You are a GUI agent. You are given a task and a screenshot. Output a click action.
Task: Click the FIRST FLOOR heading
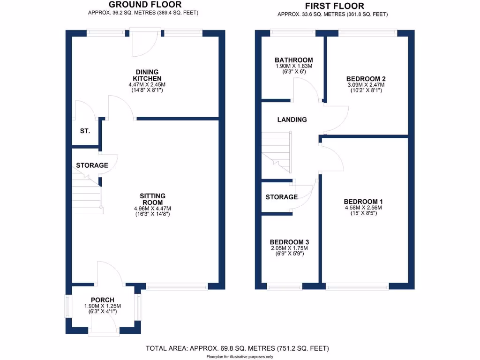(334, 6)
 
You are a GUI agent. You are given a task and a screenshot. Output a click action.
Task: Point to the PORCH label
(103, 300)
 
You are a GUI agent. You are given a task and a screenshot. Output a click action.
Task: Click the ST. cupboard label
(85, 131)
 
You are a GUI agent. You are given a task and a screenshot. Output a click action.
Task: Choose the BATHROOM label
(293, 60)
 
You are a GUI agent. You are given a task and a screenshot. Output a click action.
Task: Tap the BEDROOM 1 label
(364, 201)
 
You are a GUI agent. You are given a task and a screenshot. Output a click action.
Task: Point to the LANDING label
(292, 120)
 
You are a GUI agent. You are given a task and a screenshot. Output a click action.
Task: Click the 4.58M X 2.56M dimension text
(364, 208)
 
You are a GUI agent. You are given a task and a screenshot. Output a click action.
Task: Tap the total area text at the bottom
(237, 348)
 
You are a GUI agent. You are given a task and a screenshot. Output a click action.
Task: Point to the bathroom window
(293, 32)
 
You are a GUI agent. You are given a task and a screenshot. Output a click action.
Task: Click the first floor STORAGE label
(281, 197)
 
